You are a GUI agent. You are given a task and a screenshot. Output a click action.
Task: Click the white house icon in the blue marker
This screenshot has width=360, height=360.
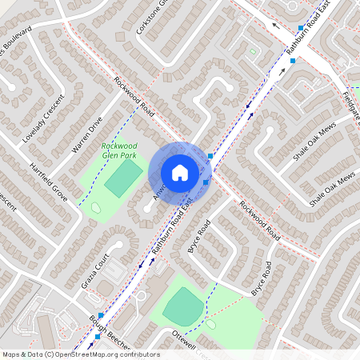pyautogui.click(x=180, y=173)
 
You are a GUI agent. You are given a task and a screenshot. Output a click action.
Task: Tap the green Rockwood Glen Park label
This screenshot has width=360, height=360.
pyautogui.click(x=118, y=150)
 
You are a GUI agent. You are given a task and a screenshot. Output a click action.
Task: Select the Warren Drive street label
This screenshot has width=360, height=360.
pyautogui.click(x=87, y=135)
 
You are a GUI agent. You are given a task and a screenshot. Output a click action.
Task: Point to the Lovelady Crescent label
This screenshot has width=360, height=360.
pyautogui.click(x=43, y=120)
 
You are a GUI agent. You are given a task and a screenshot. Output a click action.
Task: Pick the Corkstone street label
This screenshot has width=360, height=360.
pyautogui.click(x=154, y=18)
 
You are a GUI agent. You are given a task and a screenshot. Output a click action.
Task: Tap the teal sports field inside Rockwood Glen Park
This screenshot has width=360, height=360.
pyautogui.click(x=120, y=179)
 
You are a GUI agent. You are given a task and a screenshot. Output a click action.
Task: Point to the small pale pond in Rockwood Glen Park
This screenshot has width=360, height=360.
pyautogui.click(x=96, y=208)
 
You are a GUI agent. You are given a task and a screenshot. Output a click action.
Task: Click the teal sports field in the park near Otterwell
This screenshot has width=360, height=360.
pyautogui.click(x=184, y=306)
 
